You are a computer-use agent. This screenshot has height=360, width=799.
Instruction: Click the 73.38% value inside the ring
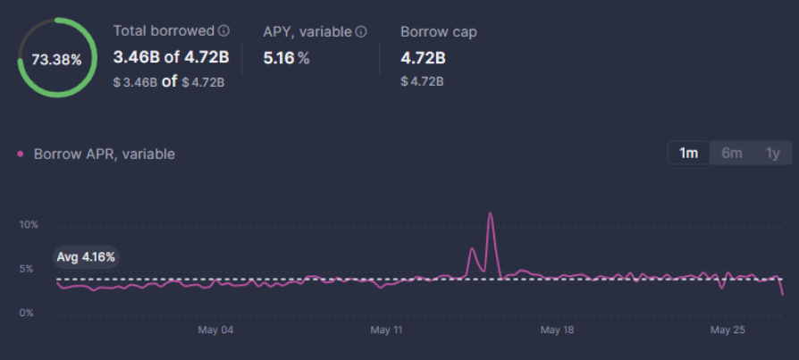point(56,60)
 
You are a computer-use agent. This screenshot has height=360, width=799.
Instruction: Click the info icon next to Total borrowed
point(223,31)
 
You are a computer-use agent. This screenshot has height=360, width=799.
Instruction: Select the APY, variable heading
point(307,31)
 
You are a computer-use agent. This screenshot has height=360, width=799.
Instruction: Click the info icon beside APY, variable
point(361,31)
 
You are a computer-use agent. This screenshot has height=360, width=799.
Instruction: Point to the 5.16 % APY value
point(286,58)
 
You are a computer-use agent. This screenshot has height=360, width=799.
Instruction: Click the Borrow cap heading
point(438,31)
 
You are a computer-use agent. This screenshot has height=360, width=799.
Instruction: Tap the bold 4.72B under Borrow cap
point(423,59)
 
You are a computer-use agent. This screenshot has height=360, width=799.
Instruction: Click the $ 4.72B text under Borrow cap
point(422,81)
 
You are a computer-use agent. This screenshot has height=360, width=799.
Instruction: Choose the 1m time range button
point(688,153)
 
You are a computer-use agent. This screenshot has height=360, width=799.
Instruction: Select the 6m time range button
point(731,153)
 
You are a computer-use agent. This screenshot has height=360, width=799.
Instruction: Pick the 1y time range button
point(772,153)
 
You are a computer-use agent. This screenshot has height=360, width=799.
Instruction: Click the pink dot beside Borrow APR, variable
point(21,154)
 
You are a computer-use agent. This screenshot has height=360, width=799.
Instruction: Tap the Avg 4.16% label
point(86,257)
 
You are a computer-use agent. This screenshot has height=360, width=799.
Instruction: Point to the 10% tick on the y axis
point(29,224)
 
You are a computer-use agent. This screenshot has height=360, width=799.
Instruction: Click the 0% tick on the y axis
point(27,313)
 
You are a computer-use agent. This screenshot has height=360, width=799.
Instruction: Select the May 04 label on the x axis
point(215,331)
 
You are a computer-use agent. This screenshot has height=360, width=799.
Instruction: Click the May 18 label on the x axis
point(557,331)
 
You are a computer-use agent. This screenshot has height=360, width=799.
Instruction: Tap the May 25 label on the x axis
point(728,331)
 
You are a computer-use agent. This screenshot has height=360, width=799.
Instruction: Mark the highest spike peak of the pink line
point(490,213)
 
